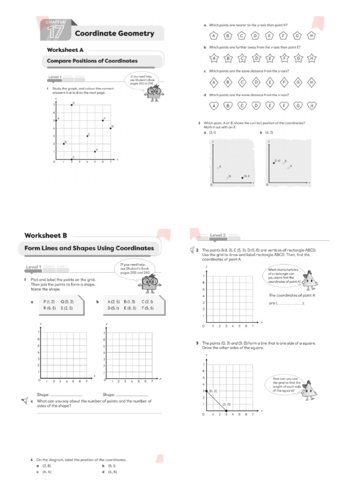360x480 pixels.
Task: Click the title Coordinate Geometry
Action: click(114, 33)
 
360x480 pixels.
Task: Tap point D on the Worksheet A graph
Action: click(72, 105)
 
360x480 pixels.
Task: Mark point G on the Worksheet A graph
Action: click(111, 128)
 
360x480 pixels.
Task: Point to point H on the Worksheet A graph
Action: click(95, 151)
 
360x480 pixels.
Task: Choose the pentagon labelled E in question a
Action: click(270, 36)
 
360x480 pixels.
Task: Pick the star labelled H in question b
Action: click(311, 59)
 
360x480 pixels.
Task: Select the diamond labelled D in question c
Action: click(255, 82)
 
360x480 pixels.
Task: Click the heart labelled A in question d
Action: click(214, 106)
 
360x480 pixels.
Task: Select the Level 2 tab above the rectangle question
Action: click(218, 235)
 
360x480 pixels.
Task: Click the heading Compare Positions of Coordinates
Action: click(92, 61)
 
